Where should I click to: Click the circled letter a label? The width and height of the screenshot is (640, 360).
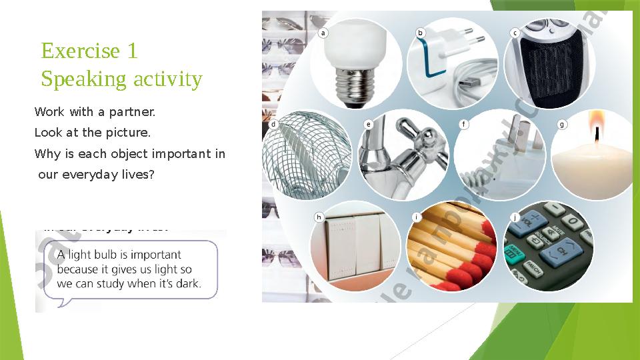coord(323,33)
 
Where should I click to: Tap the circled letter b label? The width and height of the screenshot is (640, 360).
coord(420,33)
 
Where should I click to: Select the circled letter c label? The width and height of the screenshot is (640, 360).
coord(515,33)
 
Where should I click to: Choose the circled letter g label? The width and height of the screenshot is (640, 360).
coord(562,124)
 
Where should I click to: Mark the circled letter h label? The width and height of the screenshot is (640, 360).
coord(319,217)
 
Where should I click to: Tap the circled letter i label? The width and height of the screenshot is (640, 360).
coord(416,217)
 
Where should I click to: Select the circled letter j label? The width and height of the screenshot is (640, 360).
coord(515,217)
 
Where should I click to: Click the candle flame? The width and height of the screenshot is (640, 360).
coord(595,123)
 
